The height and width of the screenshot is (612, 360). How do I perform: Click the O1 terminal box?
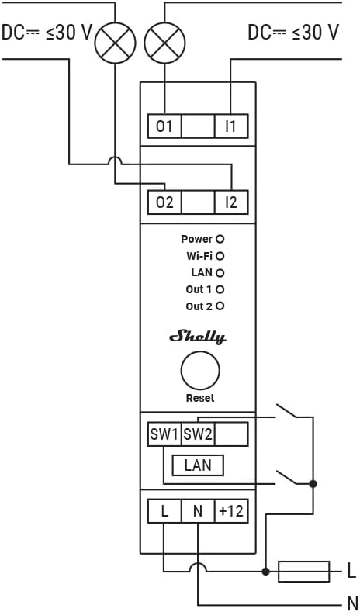(164, 126)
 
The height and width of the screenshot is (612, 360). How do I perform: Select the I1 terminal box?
(231, 126)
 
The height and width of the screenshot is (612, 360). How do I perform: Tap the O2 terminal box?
(164, 202)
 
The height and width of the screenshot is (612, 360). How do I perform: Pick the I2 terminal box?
(231, 202)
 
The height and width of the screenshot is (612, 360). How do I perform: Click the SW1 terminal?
(164, 434)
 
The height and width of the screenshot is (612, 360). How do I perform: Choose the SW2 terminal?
(198, 434)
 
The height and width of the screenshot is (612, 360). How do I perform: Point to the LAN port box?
(198, 465)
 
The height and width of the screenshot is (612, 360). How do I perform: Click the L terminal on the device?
(164, 511)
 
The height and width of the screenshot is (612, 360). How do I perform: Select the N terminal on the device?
(198, 511)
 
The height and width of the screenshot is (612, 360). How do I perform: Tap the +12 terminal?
(231, 511)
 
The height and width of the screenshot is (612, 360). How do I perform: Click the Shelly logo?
(198, 337)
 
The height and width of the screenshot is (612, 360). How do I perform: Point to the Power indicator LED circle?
(220, 239)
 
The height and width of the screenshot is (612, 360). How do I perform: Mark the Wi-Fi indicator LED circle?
(220, 256)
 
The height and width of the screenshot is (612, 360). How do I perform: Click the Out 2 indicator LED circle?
(220, 306)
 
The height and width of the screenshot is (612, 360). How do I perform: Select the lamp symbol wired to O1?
(164, 43)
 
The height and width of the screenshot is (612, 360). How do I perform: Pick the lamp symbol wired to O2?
(115, 43)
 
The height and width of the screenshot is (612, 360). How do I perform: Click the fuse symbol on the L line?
(303, 572)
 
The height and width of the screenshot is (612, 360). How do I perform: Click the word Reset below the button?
(200, 398)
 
